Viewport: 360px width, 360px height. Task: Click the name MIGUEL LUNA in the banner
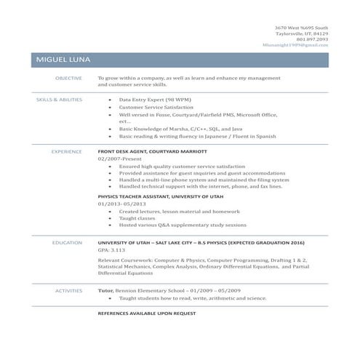click(x=61, y=59)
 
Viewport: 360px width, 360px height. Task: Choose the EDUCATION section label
click(x=66, y=242)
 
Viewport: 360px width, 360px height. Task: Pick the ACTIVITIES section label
click(x=68, y=290)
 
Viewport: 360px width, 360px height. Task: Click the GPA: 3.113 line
click(x=111, y=250)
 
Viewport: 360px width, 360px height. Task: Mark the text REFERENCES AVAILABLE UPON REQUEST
click(x=147, y=312)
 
